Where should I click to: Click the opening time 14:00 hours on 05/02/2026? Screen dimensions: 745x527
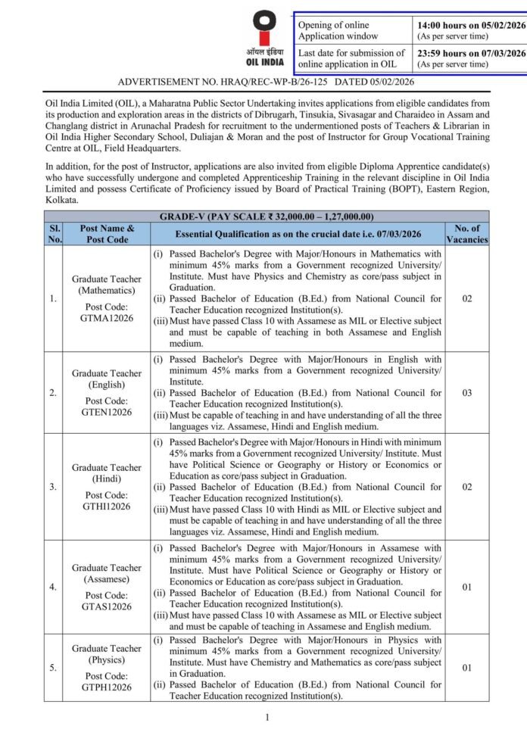pyautogui.click(x=470, y=25)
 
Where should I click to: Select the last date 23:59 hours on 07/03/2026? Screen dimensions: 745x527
pyautogui.click(x=471, y=53)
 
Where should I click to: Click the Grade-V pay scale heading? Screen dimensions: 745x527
pyautogui.click(x=266, y=217)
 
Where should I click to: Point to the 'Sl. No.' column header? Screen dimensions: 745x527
pyautogui.click(x=54, y=233)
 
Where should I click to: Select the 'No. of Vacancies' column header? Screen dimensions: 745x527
pyautogui.click(x=467, y=233)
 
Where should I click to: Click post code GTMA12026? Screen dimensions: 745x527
pyautogui.click(x=106, y=318)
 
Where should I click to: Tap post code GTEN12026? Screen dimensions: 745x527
pyautogui.click(x=106, y=412)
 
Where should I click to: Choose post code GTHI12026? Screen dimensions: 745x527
pyautogui.click(x=106, y=506)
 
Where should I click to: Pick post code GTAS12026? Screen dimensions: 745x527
pyautogui.click(x=106, y=606)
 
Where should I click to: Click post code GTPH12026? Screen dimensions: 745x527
pyautogui.click(x=106, y=687)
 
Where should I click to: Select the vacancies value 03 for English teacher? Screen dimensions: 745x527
pyautogui.click(x=467, y=393)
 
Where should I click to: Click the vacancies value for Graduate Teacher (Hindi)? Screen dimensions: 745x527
pyautogui.click(x=467, y=487)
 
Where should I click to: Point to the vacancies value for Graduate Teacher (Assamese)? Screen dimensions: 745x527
pyautogui.click(x=467, y=587)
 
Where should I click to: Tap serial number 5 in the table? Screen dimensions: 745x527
pyautogui.click(x=53, y=668)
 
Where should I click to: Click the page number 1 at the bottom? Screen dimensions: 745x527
pyautogui.click(x=267, y=717)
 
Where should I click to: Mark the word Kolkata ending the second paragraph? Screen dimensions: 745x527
pyautogui.click(x=62, y=200)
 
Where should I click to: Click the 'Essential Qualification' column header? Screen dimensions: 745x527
pyautogui.click(x=298, y=233)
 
